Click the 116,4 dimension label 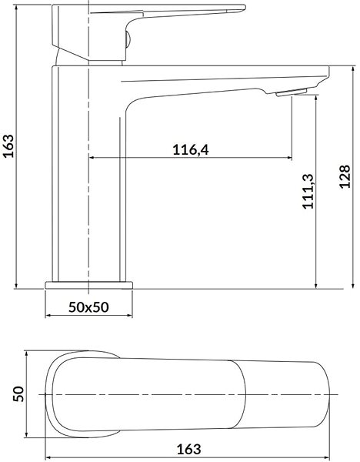[191, 149]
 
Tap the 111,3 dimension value [308, 192]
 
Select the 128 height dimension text [345, 176]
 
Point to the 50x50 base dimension [88, 307]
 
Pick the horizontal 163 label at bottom [188, 450]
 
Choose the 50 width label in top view [18, 393]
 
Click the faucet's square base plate [89, 285]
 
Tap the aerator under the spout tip [292, 92]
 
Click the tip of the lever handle [244, 8]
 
